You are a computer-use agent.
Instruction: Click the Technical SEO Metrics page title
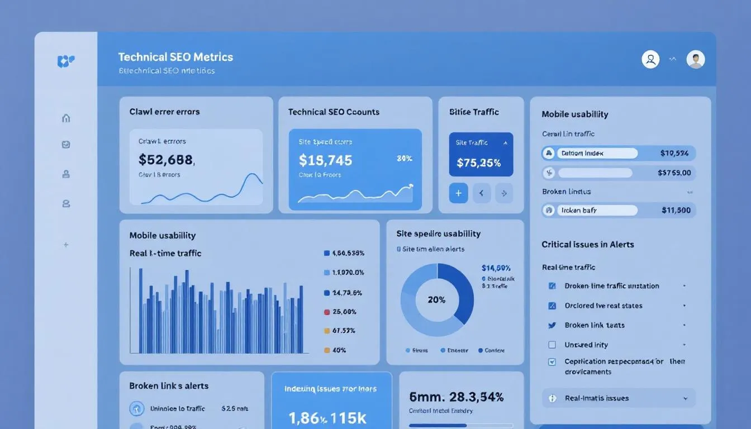coord(175,57)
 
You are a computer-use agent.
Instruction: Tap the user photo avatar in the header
coord(696,59)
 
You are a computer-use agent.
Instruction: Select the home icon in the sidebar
coord(66,118)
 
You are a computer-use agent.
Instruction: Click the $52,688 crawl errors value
coord(166,160)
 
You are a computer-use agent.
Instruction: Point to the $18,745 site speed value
coord(326,161)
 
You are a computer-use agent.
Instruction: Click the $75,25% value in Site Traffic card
coord(478,163)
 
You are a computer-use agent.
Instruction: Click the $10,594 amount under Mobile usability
coord(674,153)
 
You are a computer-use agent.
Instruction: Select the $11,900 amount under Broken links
coord(676,211)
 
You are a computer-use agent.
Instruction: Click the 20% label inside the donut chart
coord(436,300)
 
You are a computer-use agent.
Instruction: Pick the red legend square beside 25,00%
coord(327,312)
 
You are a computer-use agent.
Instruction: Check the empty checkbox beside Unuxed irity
coord(552,345)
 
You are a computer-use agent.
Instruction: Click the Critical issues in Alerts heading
coord(587,244)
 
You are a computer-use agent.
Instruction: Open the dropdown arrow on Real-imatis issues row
coord(685,398)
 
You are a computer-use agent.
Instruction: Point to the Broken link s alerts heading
coord(169,385)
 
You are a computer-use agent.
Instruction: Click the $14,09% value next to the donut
coord(496,268)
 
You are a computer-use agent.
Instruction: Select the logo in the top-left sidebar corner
coord(66,61)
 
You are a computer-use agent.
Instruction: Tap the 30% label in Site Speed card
coord(404,158)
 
